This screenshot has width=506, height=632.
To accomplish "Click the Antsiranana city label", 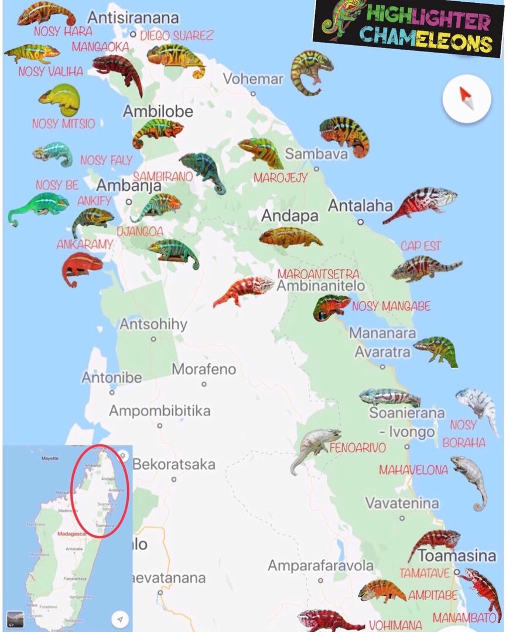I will (x=133, y=17).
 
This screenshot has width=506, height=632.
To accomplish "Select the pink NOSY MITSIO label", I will (x=63, y=124).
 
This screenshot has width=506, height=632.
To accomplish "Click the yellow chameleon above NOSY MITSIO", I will (x=60, y=99).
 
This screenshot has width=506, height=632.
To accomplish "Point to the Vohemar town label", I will (x=253, y=79).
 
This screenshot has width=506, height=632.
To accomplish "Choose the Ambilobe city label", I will (x=158, y=111).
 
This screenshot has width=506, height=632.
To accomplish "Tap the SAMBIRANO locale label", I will (x=163, y=176).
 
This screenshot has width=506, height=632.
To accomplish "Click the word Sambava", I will (x=316, y=154).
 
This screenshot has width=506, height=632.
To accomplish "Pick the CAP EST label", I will (x=421, y=246).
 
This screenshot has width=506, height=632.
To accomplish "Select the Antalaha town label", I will (x=360, y=206).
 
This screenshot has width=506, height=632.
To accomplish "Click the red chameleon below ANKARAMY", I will (x=81, y=267).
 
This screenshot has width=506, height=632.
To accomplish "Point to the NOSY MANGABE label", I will (x=391, y=306).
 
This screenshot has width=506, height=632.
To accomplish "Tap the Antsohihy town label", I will (x=153, y=324).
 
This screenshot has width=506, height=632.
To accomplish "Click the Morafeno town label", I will (x=204, y=369).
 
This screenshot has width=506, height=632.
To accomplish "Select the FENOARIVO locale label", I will (x=358, y=448).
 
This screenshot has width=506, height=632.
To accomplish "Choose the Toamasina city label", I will (x=457, y=555).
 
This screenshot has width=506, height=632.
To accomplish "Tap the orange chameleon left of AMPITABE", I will (x=381, y=590).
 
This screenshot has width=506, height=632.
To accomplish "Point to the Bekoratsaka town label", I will (x=174, y=465).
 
